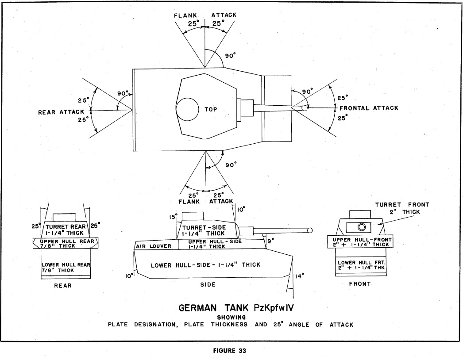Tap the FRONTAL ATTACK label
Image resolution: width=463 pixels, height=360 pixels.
[x=369, y=108]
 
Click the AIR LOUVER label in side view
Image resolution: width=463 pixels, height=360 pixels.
[x=154, y=246]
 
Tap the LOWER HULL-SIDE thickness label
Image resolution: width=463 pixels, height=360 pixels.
[x=205, y=265]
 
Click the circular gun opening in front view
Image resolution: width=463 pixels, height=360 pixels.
[x=362, y=227]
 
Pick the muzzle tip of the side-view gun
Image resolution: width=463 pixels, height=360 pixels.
[x=309, y=230]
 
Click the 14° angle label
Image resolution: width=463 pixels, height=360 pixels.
[x=300, y=276]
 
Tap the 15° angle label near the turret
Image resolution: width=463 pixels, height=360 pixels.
[x=173, y=217]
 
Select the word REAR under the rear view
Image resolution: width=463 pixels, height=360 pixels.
[x=62, y=286]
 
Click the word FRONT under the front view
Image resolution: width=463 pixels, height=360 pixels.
[x=359, y=284]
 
